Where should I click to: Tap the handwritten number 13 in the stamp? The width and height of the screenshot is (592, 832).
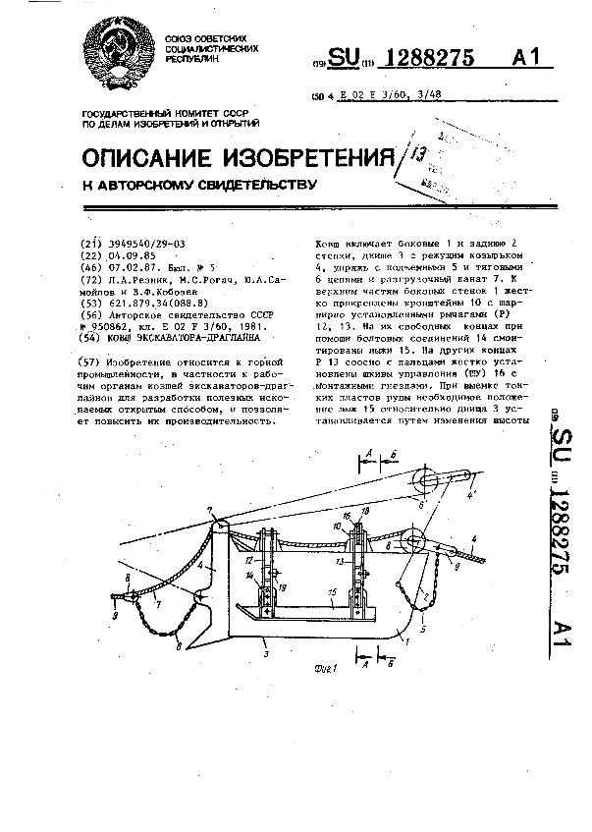(x=420, y=155)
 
